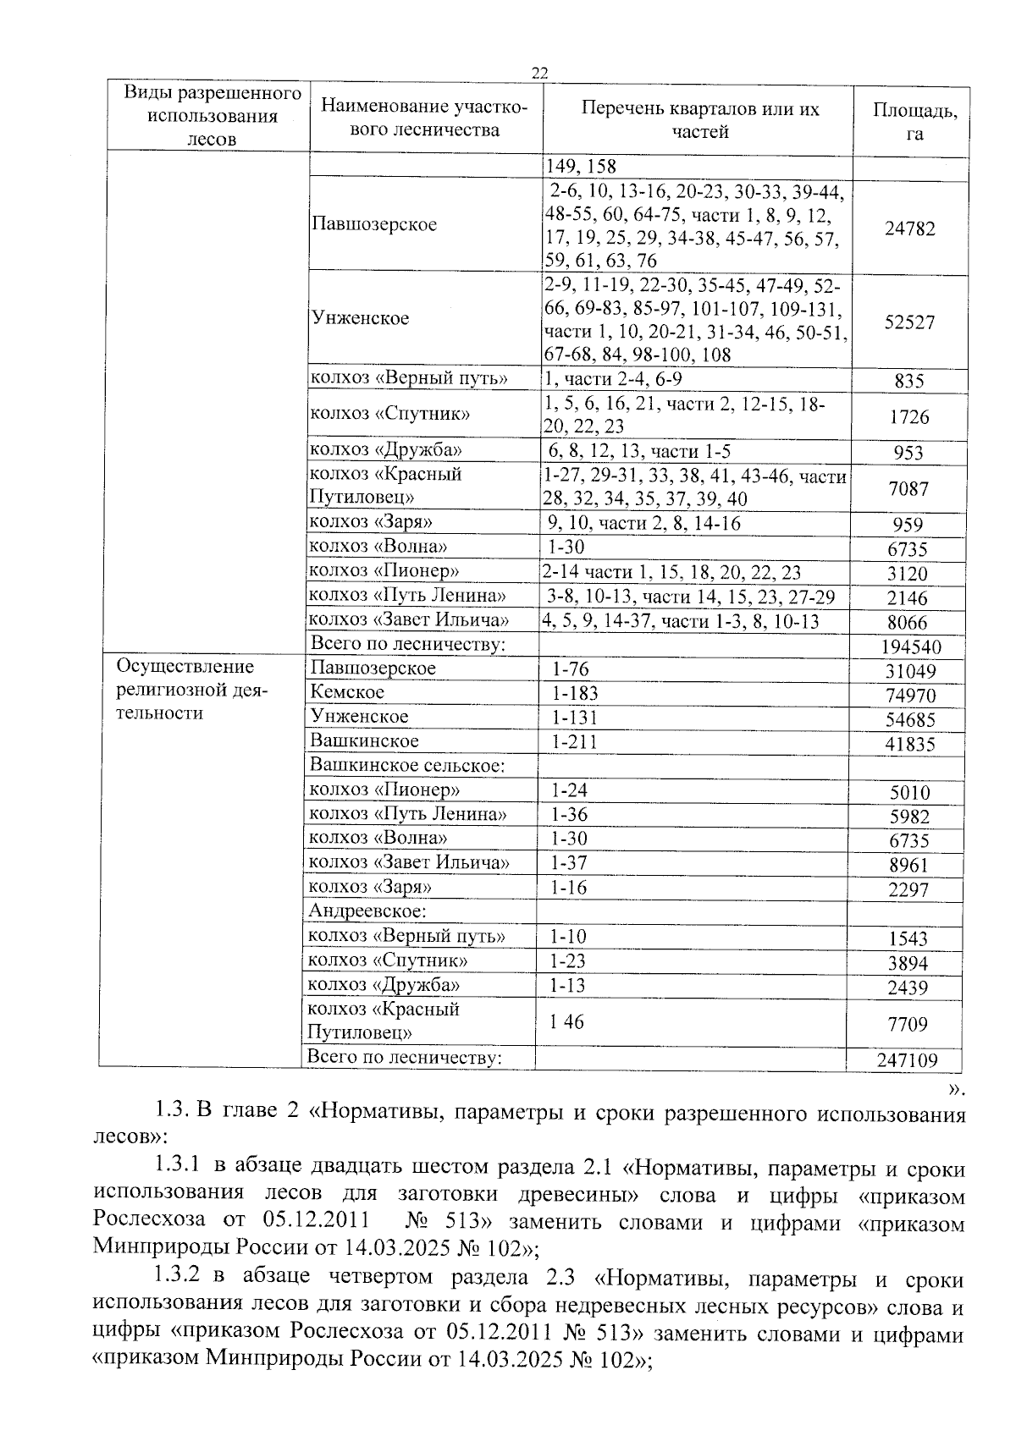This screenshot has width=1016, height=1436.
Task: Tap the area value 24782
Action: coord(909,228)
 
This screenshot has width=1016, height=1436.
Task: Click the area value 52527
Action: coord(909,322)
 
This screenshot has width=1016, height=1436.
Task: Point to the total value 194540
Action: coord(910,648)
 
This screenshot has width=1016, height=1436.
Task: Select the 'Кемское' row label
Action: coord(347,692)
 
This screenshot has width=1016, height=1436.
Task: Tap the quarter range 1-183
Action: coord(574,693)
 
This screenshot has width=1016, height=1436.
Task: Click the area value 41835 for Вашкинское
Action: coord(906,745)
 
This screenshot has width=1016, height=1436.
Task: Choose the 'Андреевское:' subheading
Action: coord(367,911)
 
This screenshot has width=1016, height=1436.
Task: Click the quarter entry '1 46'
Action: coord(566,1022)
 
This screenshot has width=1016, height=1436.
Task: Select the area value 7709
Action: coord(907,1025)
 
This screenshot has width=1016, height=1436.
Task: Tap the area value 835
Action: coord(909,382)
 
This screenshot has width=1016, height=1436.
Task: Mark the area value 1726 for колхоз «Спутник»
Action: coord(909,417)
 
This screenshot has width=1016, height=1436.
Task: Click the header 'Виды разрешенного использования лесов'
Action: coord(213,115)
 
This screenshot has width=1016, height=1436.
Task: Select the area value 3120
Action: coord(907,574)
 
